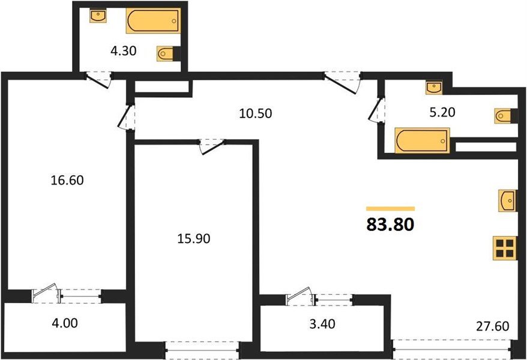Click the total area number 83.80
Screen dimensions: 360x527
click(390, 225)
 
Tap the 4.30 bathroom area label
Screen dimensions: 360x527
click(124, 52)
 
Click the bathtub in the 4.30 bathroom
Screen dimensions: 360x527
click(153, 22)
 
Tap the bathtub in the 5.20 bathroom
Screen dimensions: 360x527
click(422, 141)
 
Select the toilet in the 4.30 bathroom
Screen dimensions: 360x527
click(167, 54)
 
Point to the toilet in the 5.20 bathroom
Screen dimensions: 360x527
click(504, 116)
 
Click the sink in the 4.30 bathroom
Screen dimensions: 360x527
click(98, 16)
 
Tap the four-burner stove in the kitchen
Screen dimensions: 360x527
click(504, 248)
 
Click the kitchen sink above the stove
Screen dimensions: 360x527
click(507, 200)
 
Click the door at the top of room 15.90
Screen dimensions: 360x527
click(212, 145)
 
